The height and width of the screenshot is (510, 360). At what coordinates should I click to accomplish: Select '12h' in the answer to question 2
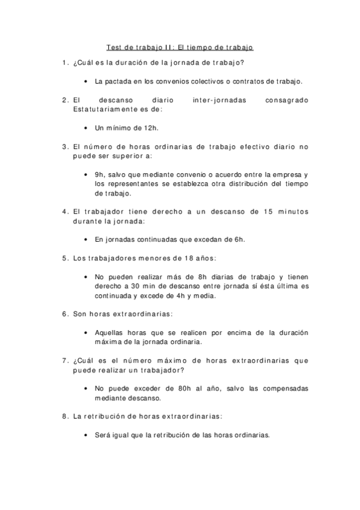tap(152, 127)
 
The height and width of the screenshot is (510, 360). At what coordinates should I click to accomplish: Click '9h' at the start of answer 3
tap(99, 174)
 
